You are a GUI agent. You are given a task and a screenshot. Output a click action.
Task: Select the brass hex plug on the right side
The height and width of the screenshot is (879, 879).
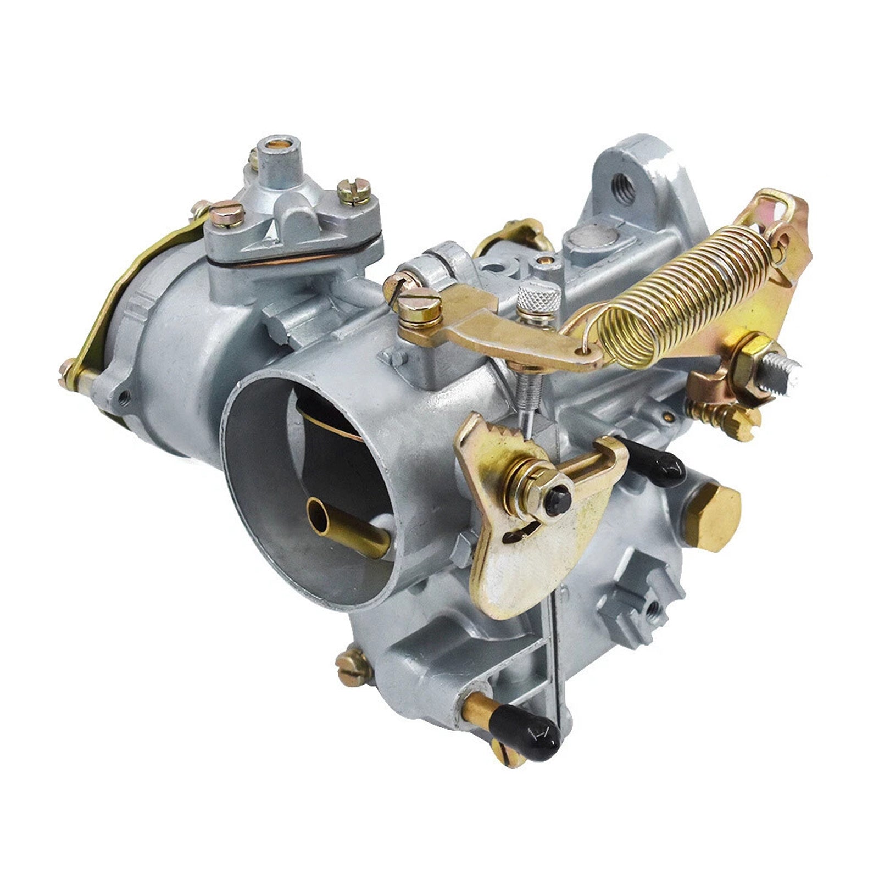pos(713,516)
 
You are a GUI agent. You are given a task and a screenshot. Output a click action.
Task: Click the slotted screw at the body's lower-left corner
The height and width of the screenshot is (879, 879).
pos(352,667)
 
